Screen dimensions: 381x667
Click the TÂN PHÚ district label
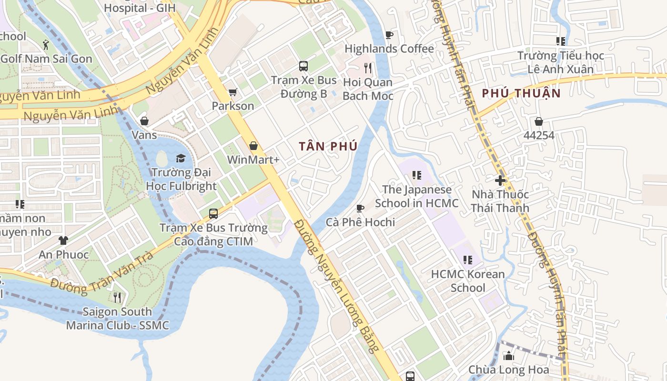tap(328, 146)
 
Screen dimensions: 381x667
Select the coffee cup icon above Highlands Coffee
tap(389, 35)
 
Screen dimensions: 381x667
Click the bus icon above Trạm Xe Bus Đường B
tap(303, 66)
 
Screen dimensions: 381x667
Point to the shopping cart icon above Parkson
tap(232, 92)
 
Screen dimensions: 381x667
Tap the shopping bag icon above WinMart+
tap(253, 146)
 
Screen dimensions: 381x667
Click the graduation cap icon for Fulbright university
tap(181, 158)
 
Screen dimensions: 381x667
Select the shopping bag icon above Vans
tap(144, 121)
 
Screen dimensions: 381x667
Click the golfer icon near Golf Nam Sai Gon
tap(46, 45)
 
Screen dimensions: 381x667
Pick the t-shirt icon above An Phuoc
tap(63, 241)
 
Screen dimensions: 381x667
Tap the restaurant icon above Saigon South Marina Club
tap(117, 298)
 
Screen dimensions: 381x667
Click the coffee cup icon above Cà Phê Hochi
tap(360, 208)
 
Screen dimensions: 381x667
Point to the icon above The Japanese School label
tap(417, 175)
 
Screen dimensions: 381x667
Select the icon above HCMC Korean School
tap(468, 260)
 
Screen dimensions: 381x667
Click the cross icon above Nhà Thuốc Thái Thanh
tap(500, 180)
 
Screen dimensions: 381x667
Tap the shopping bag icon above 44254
tap(539, 121)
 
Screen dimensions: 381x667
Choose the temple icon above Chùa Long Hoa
tap(509, 356)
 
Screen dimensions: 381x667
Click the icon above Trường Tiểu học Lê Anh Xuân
tap(561, 41)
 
